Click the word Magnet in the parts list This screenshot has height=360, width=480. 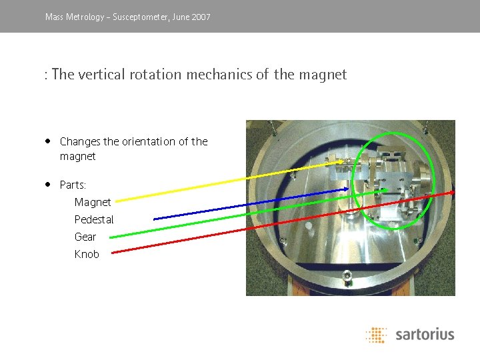click(93, 202)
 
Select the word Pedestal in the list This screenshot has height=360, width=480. click(94, 219)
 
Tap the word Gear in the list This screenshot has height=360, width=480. click(85, 237)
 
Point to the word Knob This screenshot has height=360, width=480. click(87, 254)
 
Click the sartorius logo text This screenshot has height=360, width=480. click(425, 334)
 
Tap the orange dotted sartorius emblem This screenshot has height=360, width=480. click(377, 335)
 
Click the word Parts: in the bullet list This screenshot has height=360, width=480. click(73, 185)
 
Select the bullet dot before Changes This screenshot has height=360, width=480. click(49, 141)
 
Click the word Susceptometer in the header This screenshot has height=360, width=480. click(141, 17)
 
